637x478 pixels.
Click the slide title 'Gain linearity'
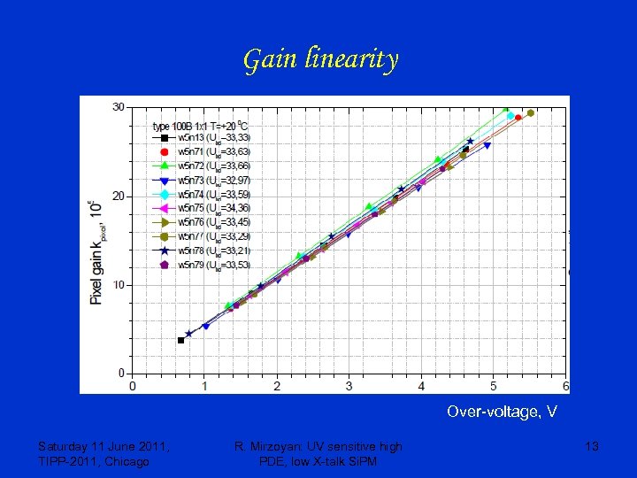[x=320, y=60]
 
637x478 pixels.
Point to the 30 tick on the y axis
[x=118, y=107]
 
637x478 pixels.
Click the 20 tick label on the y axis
[x=118, y=196]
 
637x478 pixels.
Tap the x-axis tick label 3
[x=349, y=386]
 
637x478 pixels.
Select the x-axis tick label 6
[x=564, y=386]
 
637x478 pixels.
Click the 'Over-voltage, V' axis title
[x=502, y=412]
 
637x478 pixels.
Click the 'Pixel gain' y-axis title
[x=97, y=252]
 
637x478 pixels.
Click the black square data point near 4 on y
[x=181, y=340]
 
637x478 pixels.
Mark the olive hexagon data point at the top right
[x=530, y=113]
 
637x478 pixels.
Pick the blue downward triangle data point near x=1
[x=206, y=327]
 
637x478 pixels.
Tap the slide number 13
[x=592, y=447]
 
